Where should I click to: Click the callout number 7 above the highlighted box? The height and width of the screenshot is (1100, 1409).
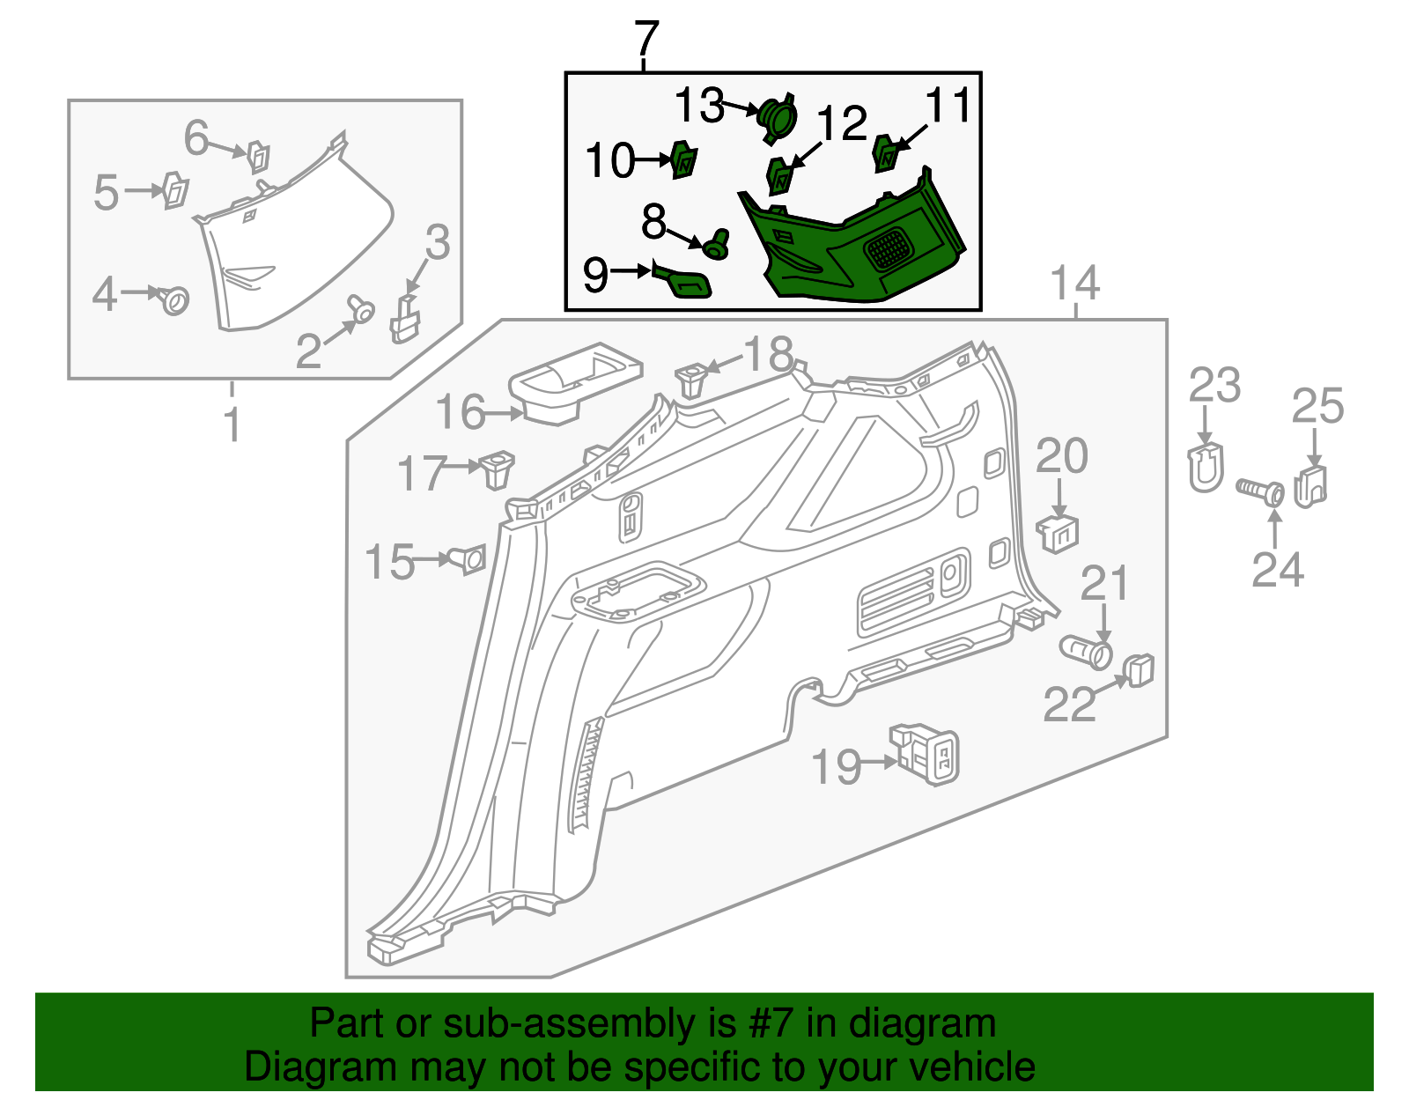pyautogui.click(x=646, y=40)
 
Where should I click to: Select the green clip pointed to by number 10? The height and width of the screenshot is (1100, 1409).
pyautogui.click(x=683, y=160)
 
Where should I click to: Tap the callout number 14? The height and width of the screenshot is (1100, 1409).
pyautogui.click(x=1075, y=284)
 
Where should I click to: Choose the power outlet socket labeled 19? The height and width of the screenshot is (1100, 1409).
pyautogui.click(x=926, y=753)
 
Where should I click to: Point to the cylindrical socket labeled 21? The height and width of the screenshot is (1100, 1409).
pyautogui.click(x=1086, y=652)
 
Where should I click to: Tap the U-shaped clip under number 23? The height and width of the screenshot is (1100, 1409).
pyautogui.click(x=1206, y=468)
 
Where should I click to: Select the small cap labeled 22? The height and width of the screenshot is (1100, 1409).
pyautogui.click(x=1140, y=670)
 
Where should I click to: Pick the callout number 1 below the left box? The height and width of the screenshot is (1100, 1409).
pyautogui.click(x=232, y=425)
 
